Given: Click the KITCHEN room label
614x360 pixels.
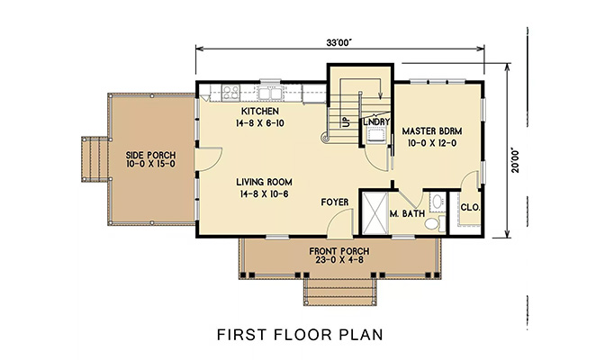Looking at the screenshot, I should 257,111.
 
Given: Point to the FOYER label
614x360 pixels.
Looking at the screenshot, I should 335,202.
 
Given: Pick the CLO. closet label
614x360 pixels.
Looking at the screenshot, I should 471,206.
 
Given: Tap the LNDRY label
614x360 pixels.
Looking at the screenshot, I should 375,121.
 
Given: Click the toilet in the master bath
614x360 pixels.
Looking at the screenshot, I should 432,219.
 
